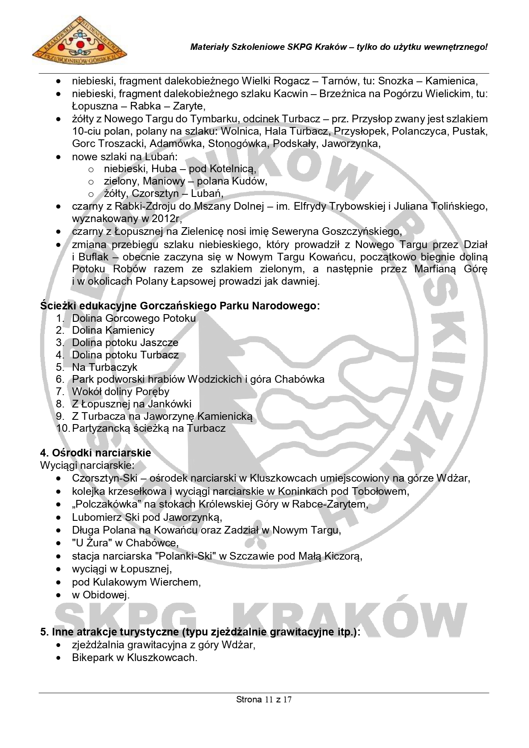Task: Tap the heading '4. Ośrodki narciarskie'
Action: coord(95,453)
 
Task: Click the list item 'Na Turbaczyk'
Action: coord(104,367)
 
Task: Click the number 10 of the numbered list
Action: coord(63,428)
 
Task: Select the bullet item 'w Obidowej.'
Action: coord(101,595)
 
